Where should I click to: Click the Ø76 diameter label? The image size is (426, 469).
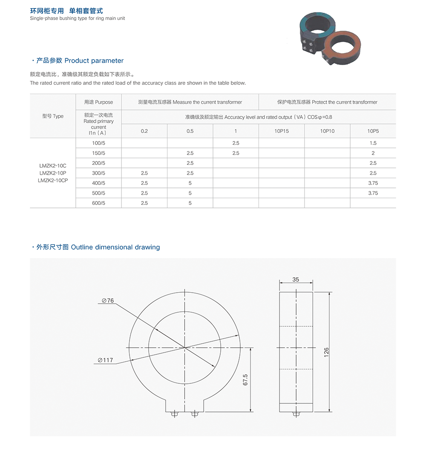[108, 301]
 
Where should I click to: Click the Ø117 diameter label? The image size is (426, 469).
[105, 360]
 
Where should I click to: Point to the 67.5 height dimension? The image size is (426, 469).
[245, 380]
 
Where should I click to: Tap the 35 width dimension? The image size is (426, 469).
[296, 279]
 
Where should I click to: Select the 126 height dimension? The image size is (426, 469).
[326, 352]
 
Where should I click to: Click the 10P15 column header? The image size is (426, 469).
[282, 131]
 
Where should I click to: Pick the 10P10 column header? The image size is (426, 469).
[327, 131]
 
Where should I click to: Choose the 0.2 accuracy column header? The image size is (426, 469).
[144, 131]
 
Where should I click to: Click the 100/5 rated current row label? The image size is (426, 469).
[98, 143]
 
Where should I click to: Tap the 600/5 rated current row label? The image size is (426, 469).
[98, 203]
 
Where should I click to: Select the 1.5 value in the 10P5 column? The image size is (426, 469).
[373, 143]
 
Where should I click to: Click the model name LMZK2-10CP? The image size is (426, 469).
[53, 180]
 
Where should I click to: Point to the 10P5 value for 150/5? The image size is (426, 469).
[373, 153]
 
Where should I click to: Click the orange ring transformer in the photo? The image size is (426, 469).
[344, 46]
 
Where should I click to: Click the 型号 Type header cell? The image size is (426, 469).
[53, 116]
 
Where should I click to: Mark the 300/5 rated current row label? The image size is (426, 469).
[98, 173]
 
